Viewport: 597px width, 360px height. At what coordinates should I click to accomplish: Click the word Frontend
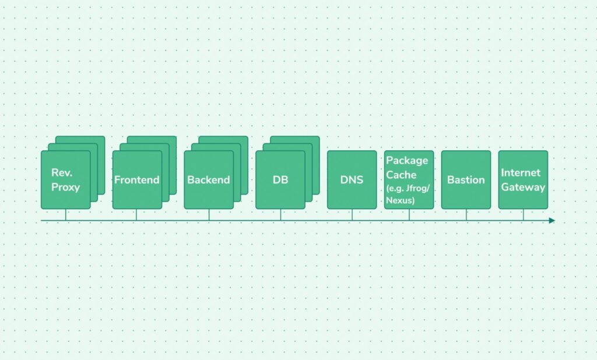pos(136,179)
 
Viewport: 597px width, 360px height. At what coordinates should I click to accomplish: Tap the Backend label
pos(209,179)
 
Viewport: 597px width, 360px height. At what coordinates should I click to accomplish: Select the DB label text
pos(280,179)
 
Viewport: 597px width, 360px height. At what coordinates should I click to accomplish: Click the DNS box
pos(352,179)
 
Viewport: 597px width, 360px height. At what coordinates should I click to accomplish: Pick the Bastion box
pos(466,179)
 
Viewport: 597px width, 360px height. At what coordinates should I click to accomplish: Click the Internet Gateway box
pos(523,179)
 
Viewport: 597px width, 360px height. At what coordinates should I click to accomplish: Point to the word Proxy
pos(65,187)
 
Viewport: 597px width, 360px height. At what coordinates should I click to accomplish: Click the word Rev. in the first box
pos(62,172)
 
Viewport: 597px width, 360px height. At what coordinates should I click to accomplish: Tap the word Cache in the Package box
pos(401,175)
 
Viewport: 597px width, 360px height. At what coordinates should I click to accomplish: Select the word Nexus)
pos(400,200)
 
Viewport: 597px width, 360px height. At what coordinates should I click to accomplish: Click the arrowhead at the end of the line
pos(552,220)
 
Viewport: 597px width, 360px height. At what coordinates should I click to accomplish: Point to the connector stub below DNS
pos(352,214)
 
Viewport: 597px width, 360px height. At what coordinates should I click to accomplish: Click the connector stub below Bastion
pos(466,214)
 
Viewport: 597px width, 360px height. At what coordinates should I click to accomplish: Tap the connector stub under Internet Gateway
pos(523,214)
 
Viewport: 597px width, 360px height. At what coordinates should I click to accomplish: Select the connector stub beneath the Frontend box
pos(136,214)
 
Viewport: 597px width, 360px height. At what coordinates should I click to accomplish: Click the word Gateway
pos(523,187)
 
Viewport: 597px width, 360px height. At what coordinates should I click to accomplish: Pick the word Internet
pos(521,172)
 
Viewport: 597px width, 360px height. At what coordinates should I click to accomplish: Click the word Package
pos(407,161)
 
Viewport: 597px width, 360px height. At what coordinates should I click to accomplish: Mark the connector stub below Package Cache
pos(409,214)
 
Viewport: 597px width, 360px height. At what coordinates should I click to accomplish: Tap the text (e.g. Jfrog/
pos(408,188)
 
